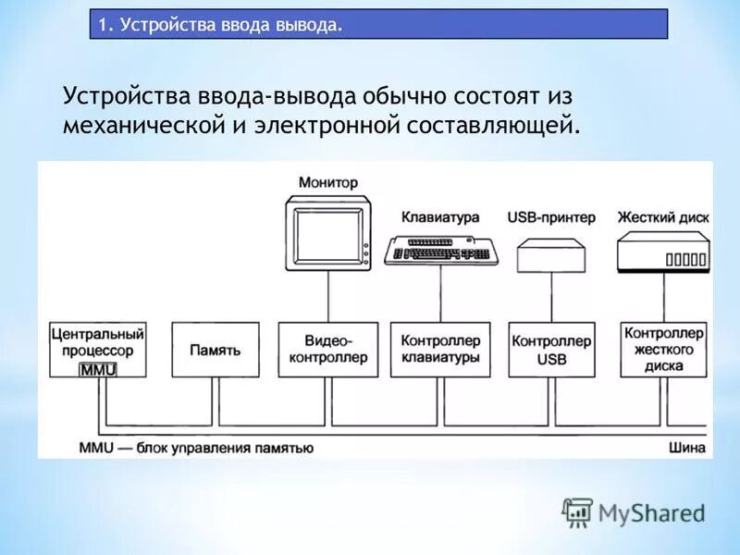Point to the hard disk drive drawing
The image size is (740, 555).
(662, 251)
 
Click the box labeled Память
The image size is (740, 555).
(216, 350)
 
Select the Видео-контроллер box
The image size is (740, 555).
(328, 350)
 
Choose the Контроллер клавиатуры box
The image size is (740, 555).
(440, 350)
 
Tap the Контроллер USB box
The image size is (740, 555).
(551, 350)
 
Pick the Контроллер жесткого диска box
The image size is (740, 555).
(664, 349)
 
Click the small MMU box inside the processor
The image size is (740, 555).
(96, 369)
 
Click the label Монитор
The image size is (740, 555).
(327, 183)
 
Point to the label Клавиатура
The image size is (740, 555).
(440, 217)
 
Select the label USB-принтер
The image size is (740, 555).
(551, 217)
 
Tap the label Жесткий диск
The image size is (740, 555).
(663, 217)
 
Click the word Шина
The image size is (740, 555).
(687, 448)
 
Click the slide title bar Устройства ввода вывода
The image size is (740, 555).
(378, 24)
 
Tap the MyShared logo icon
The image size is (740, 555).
(577, 512)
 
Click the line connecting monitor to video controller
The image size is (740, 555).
(328, 296)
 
